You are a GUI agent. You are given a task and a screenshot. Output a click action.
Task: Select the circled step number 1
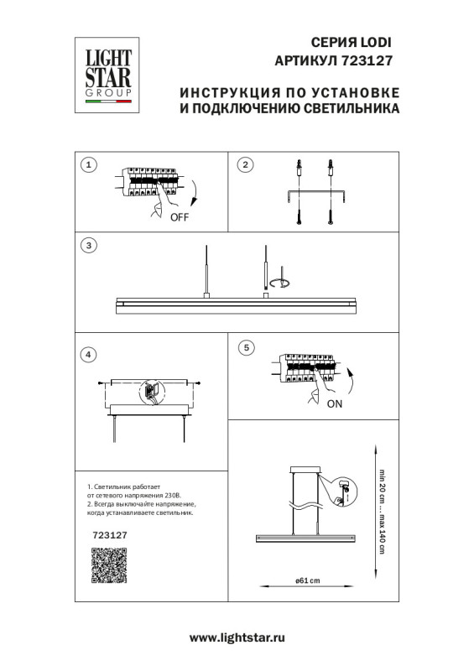(x=87, y=164)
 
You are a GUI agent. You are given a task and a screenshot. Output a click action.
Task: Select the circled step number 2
(x=245, y=164)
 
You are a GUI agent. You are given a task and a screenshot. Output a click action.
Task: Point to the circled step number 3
(x=87, y=246)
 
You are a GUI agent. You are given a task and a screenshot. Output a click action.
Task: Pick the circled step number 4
(x=87, y=356)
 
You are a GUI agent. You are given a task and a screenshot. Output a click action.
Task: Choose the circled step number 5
(x=245, y=346)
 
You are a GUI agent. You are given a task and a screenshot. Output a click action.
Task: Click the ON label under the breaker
(x=334, y=403)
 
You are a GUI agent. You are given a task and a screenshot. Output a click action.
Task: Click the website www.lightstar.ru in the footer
(x=237, y=637)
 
